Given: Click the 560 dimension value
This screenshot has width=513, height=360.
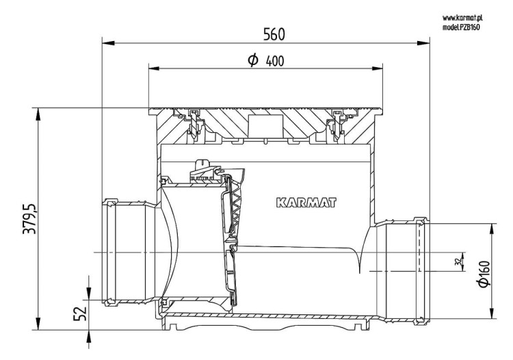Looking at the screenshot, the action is tap(274, 34).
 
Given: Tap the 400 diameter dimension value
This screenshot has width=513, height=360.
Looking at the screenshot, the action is tap(275, 61).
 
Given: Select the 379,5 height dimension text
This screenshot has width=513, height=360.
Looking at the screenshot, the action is tap(29, 218).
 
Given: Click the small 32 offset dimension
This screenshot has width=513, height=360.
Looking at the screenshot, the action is tap(459, 261).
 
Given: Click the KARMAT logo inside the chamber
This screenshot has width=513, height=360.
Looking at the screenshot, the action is tap(306, 203).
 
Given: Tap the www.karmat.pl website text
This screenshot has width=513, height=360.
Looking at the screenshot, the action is tap(462, 17).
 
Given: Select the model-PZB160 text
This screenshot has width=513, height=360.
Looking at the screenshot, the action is tap(461, 27).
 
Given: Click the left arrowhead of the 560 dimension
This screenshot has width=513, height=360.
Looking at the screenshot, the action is tap(108, 43).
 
